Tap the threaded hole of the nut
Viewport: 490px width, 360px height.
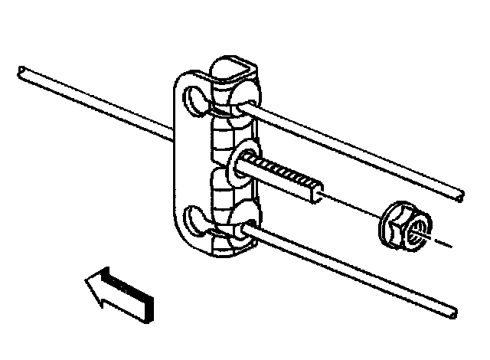(x=417, y=231)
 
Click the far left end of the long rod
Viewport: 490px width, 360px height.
(x=21, y=73)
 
